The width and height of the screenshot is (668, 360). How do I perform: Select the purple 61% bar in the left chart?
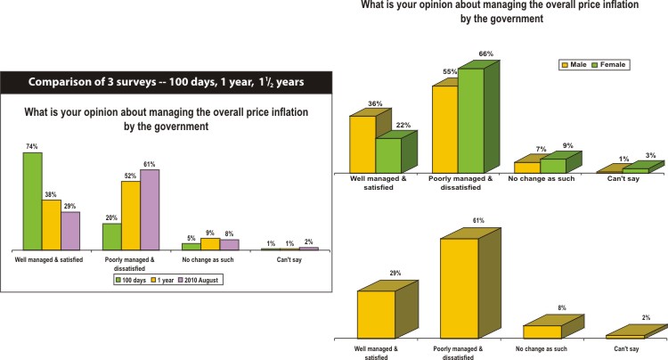tap(151, 209)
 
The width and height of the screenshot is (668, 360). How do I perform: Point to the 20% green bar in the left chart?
tap(111, 236)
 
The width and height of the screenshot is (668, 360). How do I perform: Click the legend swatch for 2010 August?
tap(176, 279)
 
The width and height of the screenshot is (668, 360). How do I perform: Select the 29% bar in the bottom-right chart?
tap(376, 314)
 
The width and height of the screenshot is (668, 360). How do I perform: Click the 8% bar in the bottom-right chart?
tap(542, 331)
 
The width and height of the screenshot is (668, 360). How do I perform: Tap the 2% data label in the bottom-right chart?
tap(644, 318)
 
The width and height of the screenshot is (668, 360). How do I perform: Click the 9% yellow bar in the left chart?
tap(210, 243)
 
